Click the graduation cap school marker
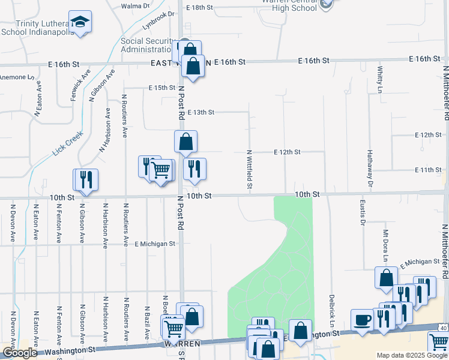pyautogui.click(x=80, y=23)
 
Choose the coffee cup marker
pyautogui.click(x=362, y=320)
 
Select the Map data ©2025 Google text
pyautogui.click(x=412, y=355)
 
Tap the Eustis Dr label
pyautogui.click(x=363, y=212)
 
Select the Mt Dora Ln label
pyautogui.click(x=385, y=247)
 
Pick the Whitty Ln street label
pyautogui.click(x=380, y=80)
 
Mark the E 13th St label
pyautogui.click(x=200, y=112)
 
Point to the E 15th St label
pyautogui.click(x=162, y=88)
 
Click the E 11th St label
pyautogui.click(x=428, y=170)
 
